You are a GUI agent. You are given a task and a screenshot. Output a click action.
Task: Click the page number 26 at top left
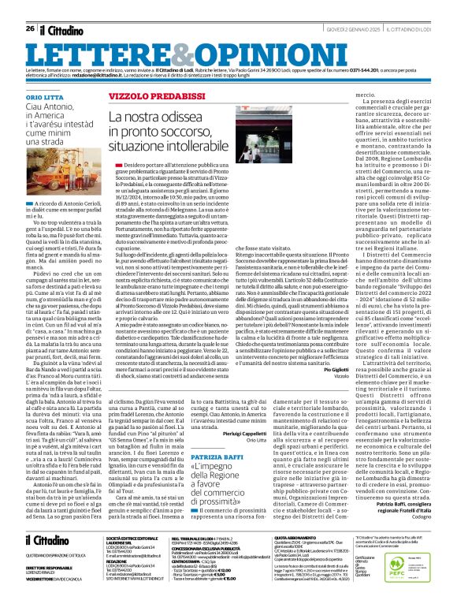(29, 7)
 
